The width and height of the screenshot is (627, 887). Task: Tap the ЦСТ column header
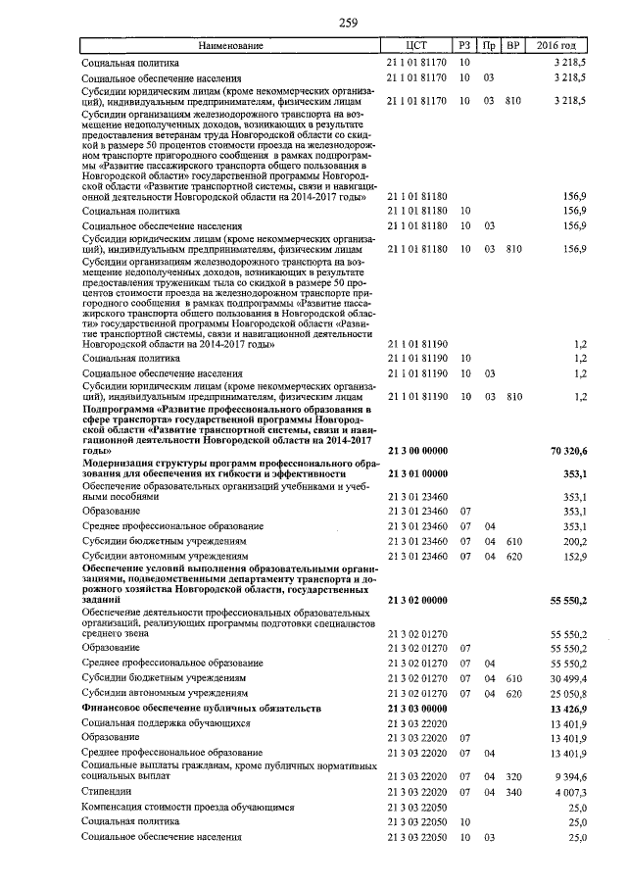417,46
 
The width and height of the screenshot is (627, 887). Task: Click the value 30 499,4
568,677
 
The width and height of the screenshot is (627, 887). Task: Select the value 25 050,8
568,692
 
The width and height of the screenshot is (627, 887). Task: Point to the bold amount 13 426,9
568,708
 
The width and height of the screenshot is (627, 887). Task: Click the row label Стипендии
107,791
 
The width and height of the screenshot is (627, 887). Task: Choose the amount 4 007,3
570,791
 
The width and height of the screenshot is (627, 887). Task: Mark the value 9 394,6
570,775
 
